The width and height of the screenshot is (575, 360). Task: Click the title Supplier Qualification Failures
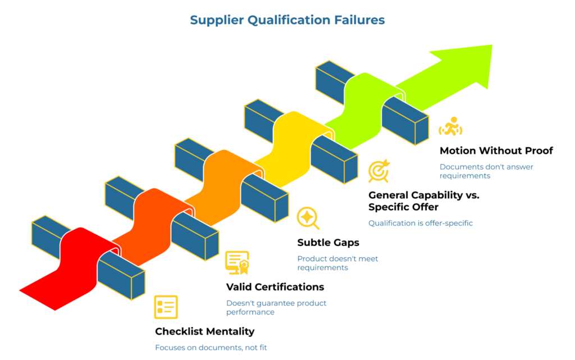pyautogui.click(x=287, y=20)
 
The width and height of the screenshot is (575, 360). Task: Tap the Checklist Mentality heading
pyautogui.click(x=204, y=331)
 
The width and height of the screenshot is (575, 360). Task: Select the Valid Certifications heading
pyautogui.click(x=275, y=287)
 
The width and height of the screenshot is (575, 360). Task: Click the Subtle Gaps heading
pyautogui.click(x=328, y=243)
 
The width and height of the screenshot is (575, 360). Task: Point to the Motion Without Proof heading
pyautogui.click(x=496, y=151)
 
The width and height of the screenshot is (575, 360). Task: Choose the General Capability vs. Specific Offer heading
pyautogui.click(x=423, y=201)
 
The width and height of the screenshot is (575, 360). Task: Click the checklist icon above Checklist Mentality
pyautogui.click(x=166, y=307)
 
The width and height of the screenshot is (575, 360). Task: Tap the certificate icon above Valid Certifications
pyautogui.click(x=237, y=262)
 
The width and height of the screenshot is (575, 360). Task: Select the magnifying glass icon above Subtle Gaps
pyautogui.click(x=308, y=218)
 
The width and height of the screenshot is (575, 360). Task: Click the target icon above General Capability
pyautogui.click(x=379, y=171)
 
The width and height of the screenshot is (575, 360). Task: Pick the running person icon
pyautogui.click(x=450, y=127)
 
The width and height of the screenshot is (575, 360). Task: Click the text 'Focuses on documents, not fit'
pyautogui.click(x=215, y=348)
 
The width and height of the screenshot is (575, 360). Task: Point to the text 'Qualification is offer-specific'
pyautogui.click(x=420, y=223)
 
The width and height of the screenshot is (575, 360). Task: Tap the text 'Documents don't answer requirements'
pyautogui.click(x=486, y=171)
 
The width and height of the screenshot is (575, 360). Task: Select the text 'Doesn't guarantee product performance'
pyautogui.click(x=276, y=307)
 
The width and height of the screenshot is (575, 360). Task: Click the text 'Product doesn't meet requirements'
pyautogui.click(x=337, y=263)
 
